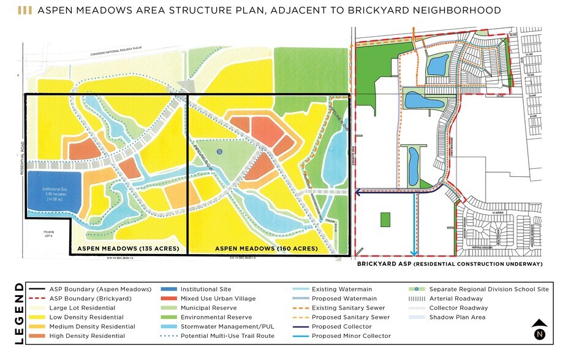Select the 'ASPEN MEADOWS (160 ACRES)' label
coord(267,249)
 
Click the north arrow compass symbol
coord(540,329)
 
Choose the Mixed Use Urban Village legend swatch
coord(170,298)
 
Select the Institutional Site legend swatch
coord(170,289)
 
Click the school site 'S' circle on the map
coord(219,151)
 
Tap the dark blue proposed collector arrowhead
coord(358,192)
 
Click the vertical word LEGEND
coord(19,313)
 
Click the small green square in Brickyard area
coord(385,219)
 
